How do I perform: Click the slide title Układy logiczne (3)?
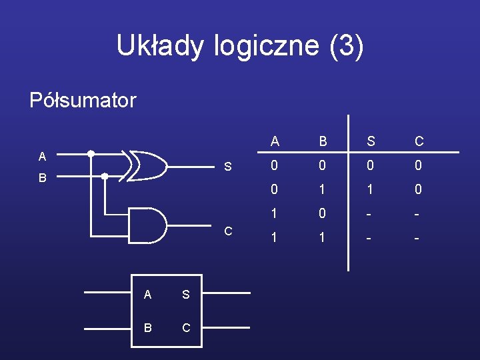240,46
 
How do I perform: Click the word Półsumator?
83,101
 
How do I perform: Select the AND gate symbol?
148,225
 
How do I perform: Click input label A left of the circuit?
42,157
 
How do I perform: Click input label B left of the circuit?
42,179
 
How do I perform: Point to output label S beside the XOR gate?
228,167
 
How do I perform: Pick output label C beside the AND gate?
228,231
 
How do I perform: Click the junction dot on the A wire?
91,153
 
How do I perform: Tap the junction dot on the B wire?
105,176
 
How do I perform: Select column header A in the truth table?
275,141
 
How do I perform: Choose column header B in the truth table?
323,141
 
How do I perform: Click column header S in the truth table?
371,141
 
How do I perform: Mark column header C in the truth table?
419,141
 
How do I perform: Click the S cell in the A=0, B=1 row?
371,190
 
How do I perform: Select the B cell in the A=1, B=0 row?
323,214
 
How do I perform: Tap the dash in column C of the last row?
419,238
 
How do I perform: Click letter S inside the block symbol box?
185,294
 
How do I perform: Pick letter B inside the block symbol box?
148,327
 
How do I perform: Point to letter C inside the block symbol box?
185,327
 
